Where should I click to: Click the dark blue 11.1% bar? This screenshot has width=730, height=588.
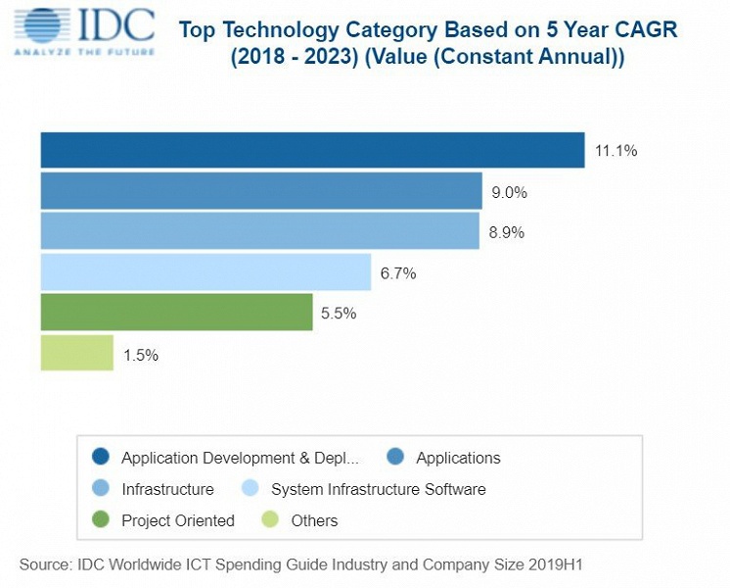coord(312,150)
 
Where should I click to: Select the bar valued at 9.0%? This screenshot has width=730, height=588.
coord(261,191)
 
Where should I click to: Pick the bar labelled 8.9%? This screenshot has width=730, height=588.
coord(259,232)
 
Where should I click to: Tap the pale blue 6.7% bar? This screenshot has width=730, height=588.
coord(205,272)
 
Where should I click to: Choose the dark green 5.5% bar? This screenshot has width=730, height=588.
coord(176,313)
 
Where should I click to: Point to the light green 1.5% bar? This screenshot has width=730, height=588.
coord(77,354)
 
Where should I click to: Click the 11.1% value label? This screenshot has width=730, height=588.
coord(616,151)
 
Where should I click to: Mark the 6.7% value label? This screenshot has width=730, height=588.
coord(398,273)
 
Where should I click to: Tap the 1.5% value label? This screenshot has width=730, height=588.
coord(141,355)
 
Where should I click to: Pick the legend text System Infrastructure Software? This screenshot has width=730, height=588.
coord(378,489)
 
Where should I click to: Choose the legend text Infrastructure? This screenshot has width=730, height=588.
coord(167,489)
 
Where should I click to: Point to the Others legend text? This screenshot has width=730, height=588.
coord(314,520)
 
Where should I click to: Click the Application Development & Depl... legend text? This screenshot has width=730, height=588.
coord(240,458)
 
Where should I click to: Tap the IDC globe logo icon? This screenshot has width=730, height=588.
coord(46,27)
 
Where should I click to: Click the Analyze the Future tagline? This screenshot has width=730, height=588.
coord(83,51)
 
